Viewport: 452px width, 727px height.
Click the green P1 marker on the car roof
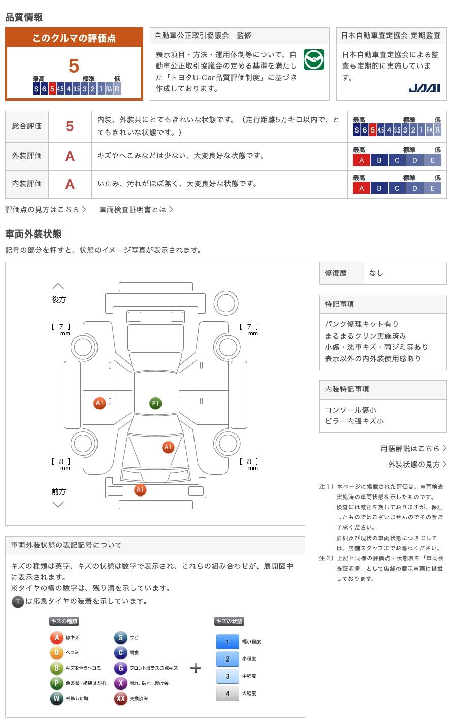[x=155, y=403]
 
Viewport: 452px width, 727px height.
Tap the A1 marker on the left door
[x=100, y=403]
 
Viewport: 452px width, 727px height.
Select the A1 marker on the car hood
[x=168, y=447]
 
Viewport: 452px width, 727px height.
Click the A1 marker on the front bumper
[x=140, y=490]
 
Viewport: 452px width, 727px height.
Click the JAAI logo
[x=424, y=88]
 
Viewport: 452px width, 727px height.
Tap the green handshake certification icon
[x=314, y=59]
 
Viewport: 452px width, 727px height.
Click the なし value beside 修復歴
[x=376, y=273]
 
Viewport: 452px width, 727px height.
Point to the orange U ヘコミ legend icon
[x=56, y=653]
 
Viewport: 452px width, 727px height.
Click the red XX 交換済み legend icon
[x=120, y=699]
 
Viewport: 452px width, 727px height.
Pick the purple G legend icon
[x=120, y=668]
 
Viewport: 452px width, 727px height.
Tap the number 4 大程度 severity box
[x=227, y=693]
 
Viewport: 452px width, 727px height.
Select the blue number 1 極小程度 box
[x=227, y=642]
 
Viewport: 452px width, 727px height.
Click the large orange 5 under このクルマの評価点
[x=74, y=66]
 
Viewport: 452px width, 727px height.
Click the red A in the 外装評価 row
[x=70, y=156]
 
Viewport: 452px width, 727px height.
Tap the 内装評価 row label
[x=27, y=184]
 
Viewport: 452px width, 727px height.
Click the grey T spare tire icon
[x=18, y=602]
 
